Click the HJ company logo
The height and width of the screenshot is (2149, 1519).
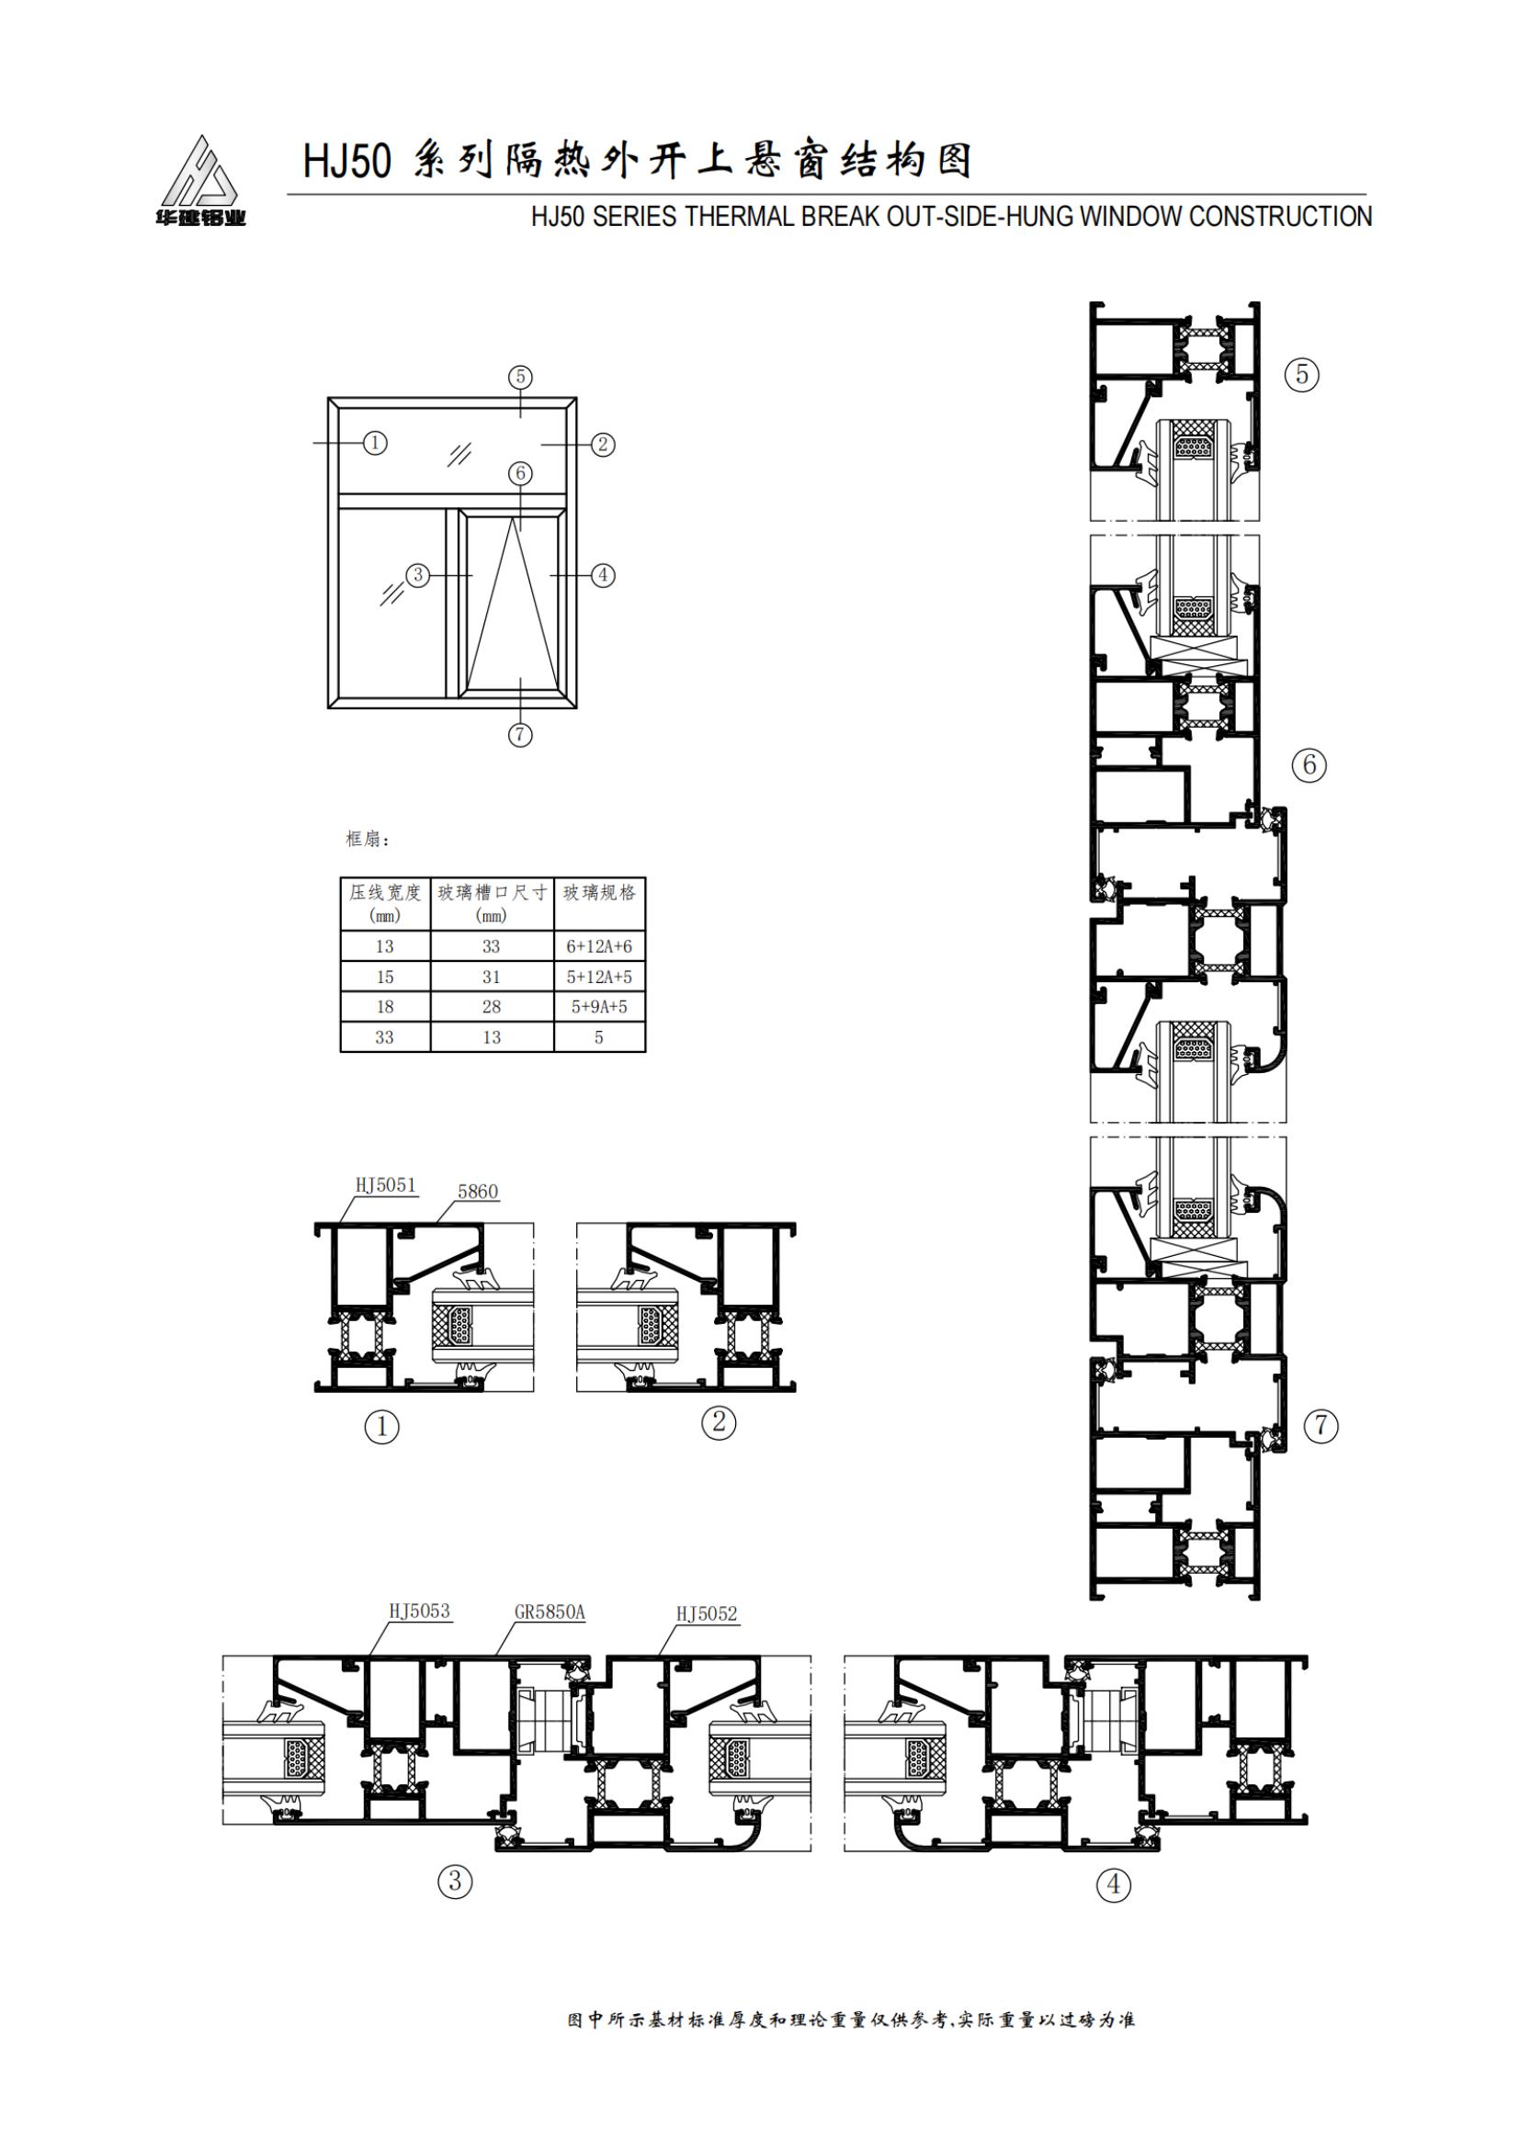200,181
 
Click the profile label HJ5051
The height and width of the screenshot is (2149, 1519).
385,1185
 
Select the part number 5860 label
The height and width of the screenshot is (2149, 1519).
477,1192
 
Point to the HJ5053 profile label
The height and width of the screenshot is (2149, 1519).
419,1612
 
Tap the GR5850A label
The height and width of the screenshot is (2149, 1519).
550,1612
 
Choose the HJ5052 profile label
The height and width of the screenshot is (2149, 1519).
707,1613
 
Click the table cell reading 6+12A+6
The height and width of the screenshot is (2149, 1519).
599,946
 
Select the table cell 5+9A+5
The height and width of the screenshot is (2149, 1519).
599,1007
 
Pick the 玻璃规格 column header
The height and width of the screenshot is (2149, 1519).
599,893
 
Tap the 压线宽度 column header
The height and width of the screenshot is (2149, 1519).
385,893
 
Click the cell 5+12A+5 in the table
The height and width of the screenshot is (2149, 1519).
599,978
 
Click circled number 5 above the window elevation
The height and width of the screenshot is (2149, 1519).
520,378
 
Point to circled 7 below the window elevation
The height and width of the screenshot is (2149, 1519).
520,735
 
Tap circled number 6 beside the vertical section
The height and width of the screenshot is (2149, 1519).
1309,765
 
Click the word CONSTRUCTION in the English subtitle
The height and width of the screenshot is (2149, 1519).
1280,216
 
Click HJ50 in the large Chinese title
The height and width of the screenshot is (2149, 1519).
346,161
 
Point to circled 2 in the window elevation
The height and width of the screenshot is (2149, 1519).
603,444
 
